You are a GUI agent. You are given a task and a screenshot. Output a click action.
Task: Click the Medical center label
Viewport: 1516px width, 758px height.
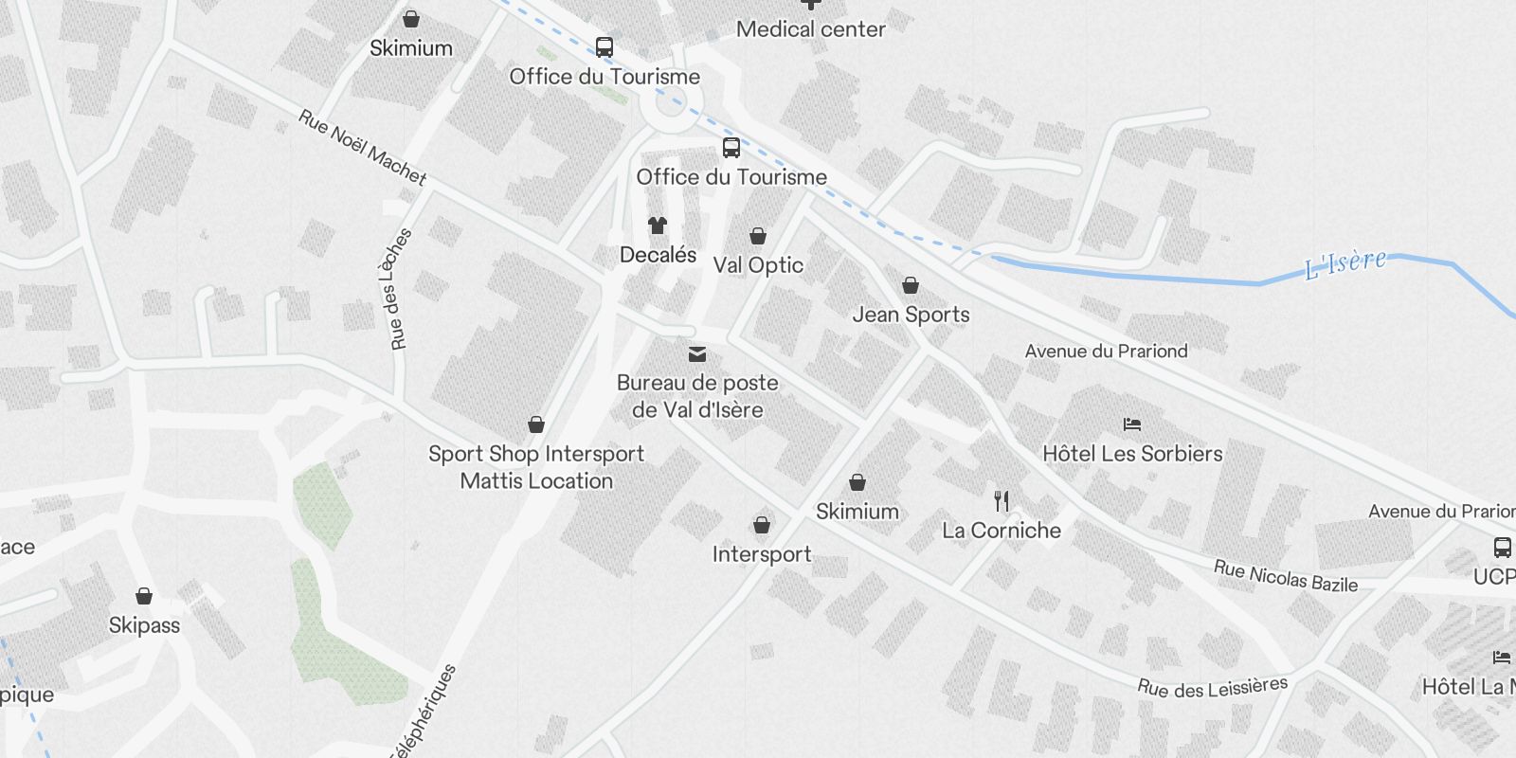(x=810, y=29)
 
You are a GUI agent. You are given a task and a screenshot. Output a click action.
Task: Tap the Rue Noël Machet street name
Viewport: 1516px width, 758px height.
(x=362, y=147)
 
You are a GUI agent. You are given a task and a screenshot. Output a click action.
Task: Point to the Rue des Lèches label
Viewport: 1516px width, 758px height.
(x=401, y=289)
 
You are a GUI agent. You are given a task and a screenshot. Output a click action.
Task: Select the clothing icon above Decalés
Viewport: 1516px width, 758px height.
(x=658, y=226)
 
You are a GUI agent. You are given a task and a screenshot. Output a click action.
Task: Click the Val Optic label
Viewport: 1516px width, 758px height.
(x=758, y=265)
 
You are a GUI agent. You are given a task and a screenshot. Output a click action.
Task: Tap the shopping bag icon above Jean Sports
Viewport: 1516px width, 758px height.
(x=911, y=285)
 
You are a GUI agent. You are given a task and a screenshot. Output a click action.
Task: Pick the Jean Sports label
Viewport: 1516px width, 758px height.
(x=911, y=315)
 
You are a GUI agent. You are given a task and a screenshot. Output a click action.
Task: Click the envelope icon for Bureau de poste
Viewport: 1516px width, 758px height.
(x=697, y=354)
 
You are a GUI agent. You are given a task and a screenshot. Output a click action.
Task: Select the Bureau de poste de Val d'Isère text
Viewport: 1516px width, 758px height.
(x=697, y=396)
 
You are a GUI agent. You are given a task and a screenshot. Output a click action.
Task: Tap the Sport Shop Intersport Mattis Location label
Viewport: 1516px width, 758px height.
(x=536, y=467)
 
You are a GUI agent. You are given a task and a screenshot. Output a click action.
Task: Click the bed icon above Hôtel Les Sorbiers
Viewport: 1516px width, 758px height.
(x=1132, y=424)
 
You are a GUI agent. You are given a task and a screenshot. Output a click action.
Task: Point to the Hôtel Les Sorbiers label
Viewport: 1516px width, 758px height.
(x=1132, y=454)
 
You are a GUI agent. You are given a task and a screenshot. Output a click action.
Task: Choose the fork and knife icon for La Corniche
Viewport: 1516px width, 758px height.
(x=1002, y=500)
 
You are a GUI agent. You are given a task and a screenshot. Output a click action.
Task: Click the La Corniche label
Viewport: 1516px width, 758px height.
(x=1002, y=531)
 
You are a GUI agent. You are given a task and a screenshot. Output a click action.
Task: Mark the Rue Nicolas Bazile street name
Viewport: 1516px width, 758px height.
(x=1286, y=576)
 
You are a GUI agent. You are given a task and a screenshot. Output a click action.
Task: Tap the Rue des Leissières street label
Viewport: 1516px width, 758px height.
(x=1213, y=687)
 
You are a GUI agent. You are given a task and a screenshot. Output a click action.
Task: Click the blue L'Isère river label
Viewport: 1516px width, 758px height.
(x=1345, y=263)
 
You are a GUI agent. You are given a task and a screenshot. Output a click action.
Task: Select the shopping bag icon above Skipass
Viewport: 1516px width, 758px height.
(x=144, y=596)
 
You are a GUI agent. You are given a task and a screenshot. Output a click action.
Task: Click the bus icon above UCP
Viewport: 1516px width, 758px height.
(x=1502, y=547)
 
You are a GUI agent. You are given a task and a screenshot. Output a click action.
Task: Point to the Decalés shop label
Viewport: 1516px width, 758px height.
(x=658, y=255)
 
